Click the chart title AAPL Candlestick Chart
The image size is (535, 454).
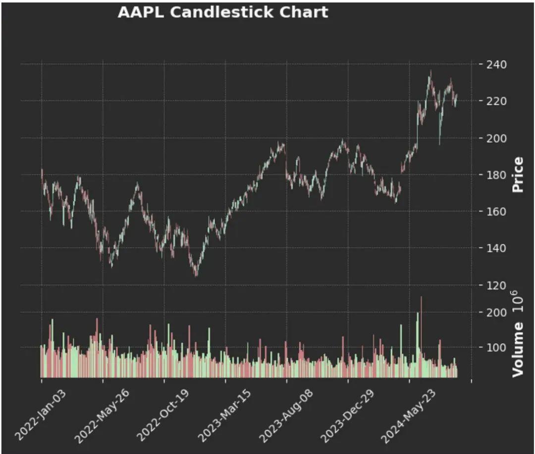[x=222, y=12]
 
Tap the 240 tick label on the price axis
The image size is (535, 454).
[x=497, y=64]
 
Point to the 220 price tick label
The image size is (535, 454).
[x=497, y=101]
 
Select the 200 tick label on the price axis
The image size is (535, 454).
[x=497, y=138]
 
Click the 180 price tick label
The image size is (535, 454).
[x=497, y=175]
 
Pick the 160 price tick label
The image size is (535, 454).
[x=497, y=211]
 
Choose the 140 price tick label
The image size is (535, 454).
[x=497, y=248]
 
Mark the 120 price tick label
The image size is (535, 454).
[x=497, y=285]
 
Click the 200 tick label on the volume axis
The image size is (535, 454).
[x=497, y=313]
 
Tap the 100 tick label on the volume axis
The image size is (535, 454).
[x=497, y=348]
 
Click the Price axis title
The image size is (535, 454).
[x=518, y=175]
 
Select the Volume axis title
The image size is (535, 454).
[x=518, y=349]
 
